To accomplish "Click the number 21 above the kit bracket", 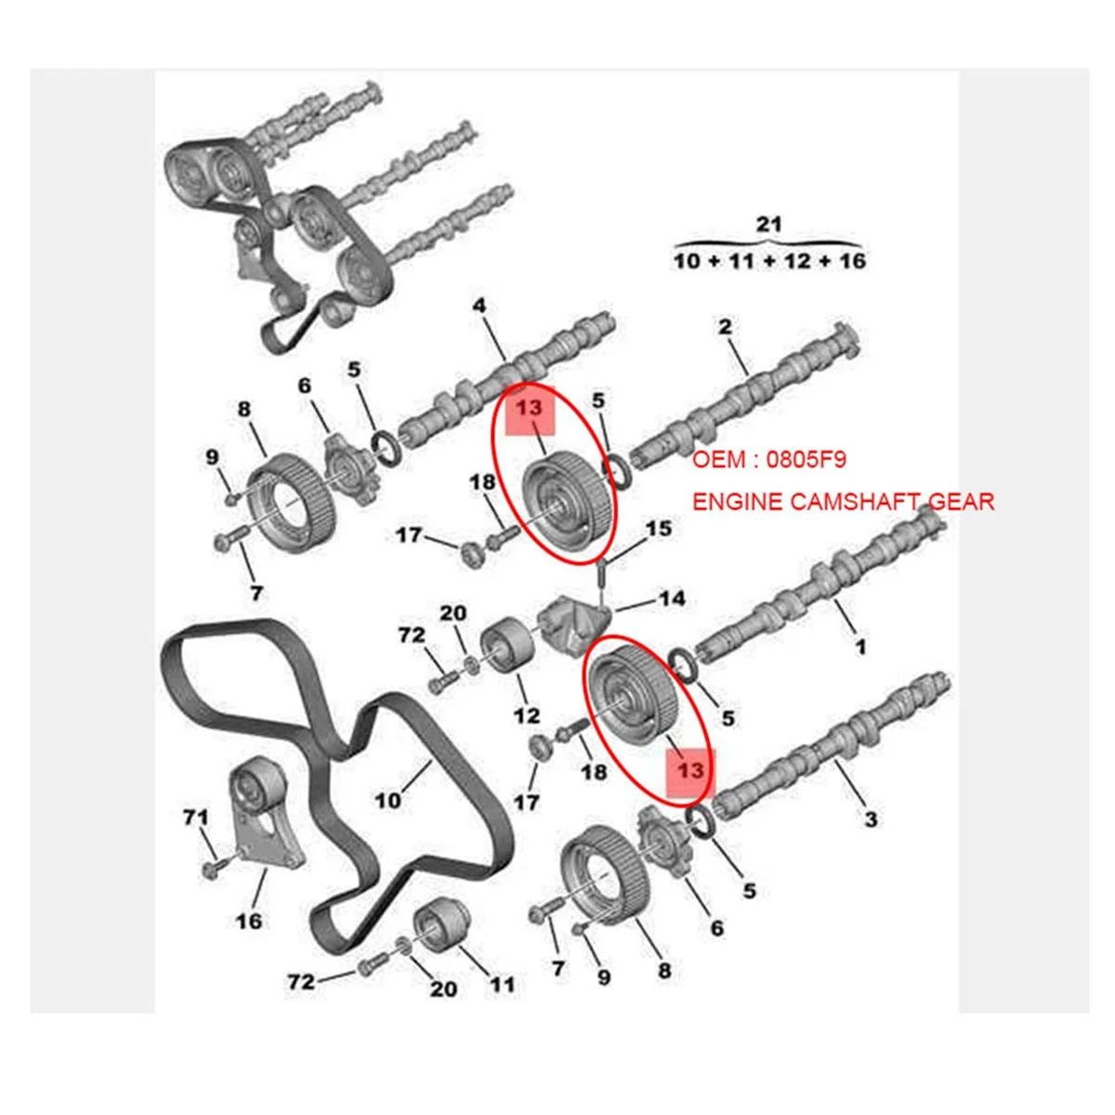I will (769, 224).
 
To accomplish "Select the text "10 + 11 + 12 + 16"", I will (769, 261).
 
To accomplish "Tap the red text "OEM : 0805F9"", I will (770, 460).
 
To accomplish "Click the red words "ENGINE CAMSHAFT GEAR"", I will (843, 502).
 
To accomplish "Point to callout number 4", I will (479, 306).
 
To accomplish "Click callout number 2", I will (725, 326).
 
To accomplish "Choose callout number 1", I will (860, 645).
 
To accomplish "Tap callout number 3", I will (870, 819).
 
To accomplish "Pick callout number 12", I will (526, 715).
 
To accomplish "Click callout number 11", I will (502, 984).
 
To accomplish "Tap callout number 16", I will (249, 921).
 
